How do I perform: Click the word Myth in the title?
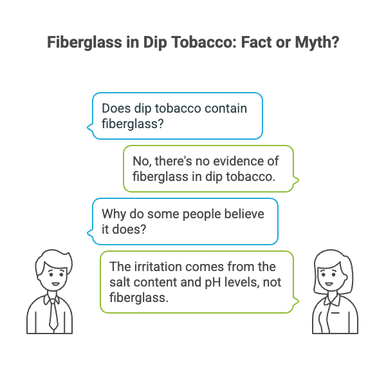(x=311, y=44)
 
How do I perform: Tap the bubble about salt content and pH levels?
(x=197, y=281)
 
